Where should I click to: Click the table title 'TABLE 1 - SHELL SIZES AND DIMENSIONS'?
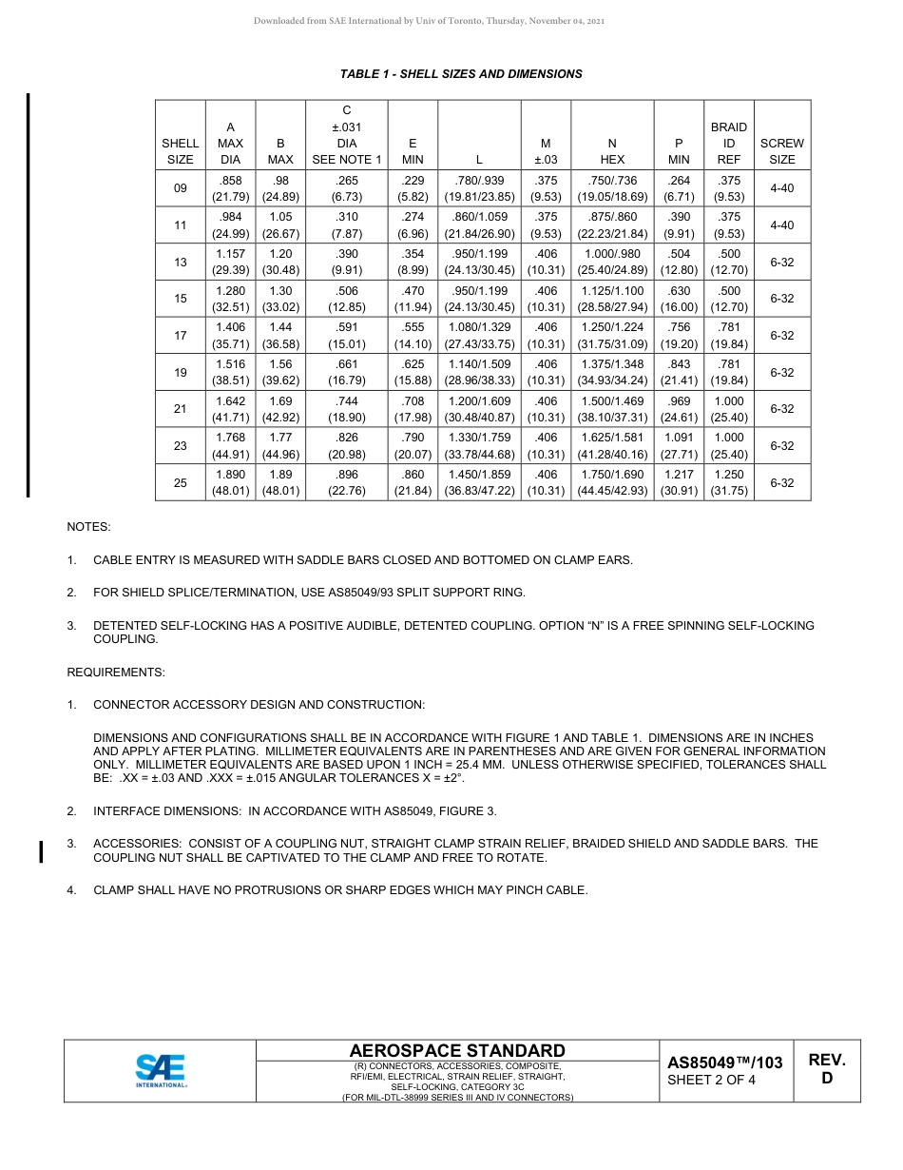coord(461,73)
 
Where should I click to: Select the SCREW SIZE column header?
coord(781,151)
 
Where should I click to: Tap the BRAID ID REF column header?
coord(729,143)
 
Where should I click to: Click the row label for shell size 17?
coord(181,336)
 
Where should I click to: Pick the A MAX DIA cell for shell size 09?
coord(230,188)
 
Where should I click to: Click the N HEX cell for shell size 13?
coord(612,262)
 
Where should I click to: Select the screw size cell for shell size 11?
coord(781,225)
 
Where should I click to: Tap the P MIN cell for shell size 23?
coord(679,445)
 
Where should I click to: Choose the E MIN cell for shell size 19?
coord(413,372)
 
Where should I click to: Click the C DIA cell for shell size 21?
coord(347,409)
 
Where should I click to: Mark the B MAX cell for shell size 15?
coord(280,299)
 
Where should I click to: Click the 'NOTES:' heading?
coord(88,526)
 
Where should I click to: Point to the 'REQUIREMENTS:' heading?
coord(115,673)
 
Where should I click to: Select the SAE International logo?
coord(161,1070)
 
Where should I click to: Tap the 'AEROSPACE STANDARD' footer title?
coord(457,1050)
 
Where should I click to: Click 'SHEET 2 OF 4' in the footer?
coord(711,1080)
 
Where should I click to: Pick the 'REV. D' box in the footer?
coord(826,1069)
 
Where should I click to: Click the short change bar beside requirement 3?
coord(42,850)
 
